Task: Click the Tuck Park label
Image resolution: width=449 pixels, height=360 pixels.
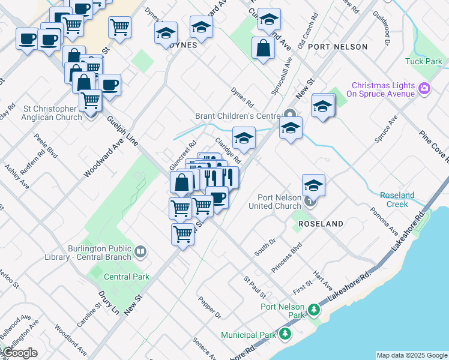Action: [x=423, y=61]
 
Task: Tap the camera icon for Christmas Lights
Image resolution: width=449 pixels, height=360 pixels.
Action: [x=424, y=89]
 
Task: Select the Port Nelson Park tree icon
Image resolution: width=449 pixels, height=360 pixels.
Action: [x=313, y=310]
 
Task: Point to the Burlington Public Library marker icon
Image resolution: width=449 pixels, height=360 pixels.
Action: [x=140, y=251]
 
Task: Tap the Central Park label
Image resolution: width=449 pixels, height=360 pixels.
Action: [x=126, y=277]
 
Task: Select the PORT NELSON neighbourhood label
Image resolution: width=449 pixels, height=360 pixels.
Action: [x=347, y=46]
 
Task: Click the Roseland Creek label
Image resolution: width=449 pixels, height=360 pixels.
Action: [x=397, y=200]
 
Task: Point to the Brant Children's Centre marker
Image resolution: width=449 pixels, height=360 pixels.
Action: [x=291, y=114]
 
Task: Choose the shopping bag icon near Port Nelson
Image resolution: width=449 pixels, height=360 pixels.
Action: [x=264, y=48]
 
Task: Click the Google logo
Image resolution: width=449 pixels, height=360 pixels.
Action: [x=19, y=353]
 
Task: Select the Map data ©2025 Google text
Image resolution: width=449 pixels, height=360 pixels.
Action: [x=411, y=355]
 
